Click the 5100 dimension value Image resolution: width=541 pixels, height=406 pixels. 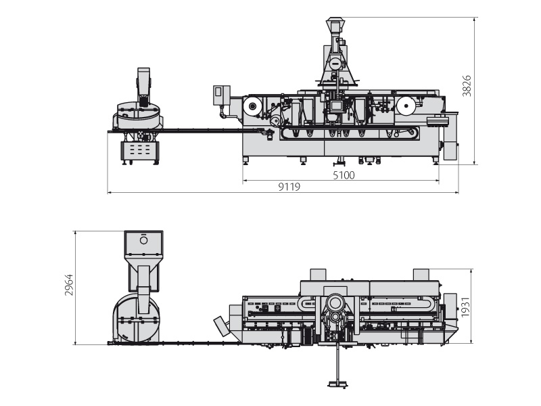click(344, 175)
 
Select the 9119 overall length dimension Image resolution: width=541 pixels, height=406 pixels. click(289, 187)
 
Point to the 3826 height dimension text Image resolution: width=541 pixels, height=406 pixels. click(467, 86)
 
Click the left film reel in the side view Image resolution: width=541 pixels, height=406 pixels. click(254, 106)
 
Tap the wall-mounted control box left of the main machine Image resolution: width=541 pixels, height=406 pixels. click(220, 95)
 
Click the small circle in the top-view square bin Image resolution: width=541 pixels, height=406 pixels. click(143, 240)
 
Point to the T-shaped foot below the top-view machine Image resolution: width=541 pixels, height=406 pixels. click(337, 383)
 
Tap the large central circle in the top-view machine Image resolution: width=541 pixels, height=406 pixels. click(335, 303)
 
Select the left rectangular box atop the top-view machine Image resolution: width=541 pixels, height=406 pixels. click(318, 274)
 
